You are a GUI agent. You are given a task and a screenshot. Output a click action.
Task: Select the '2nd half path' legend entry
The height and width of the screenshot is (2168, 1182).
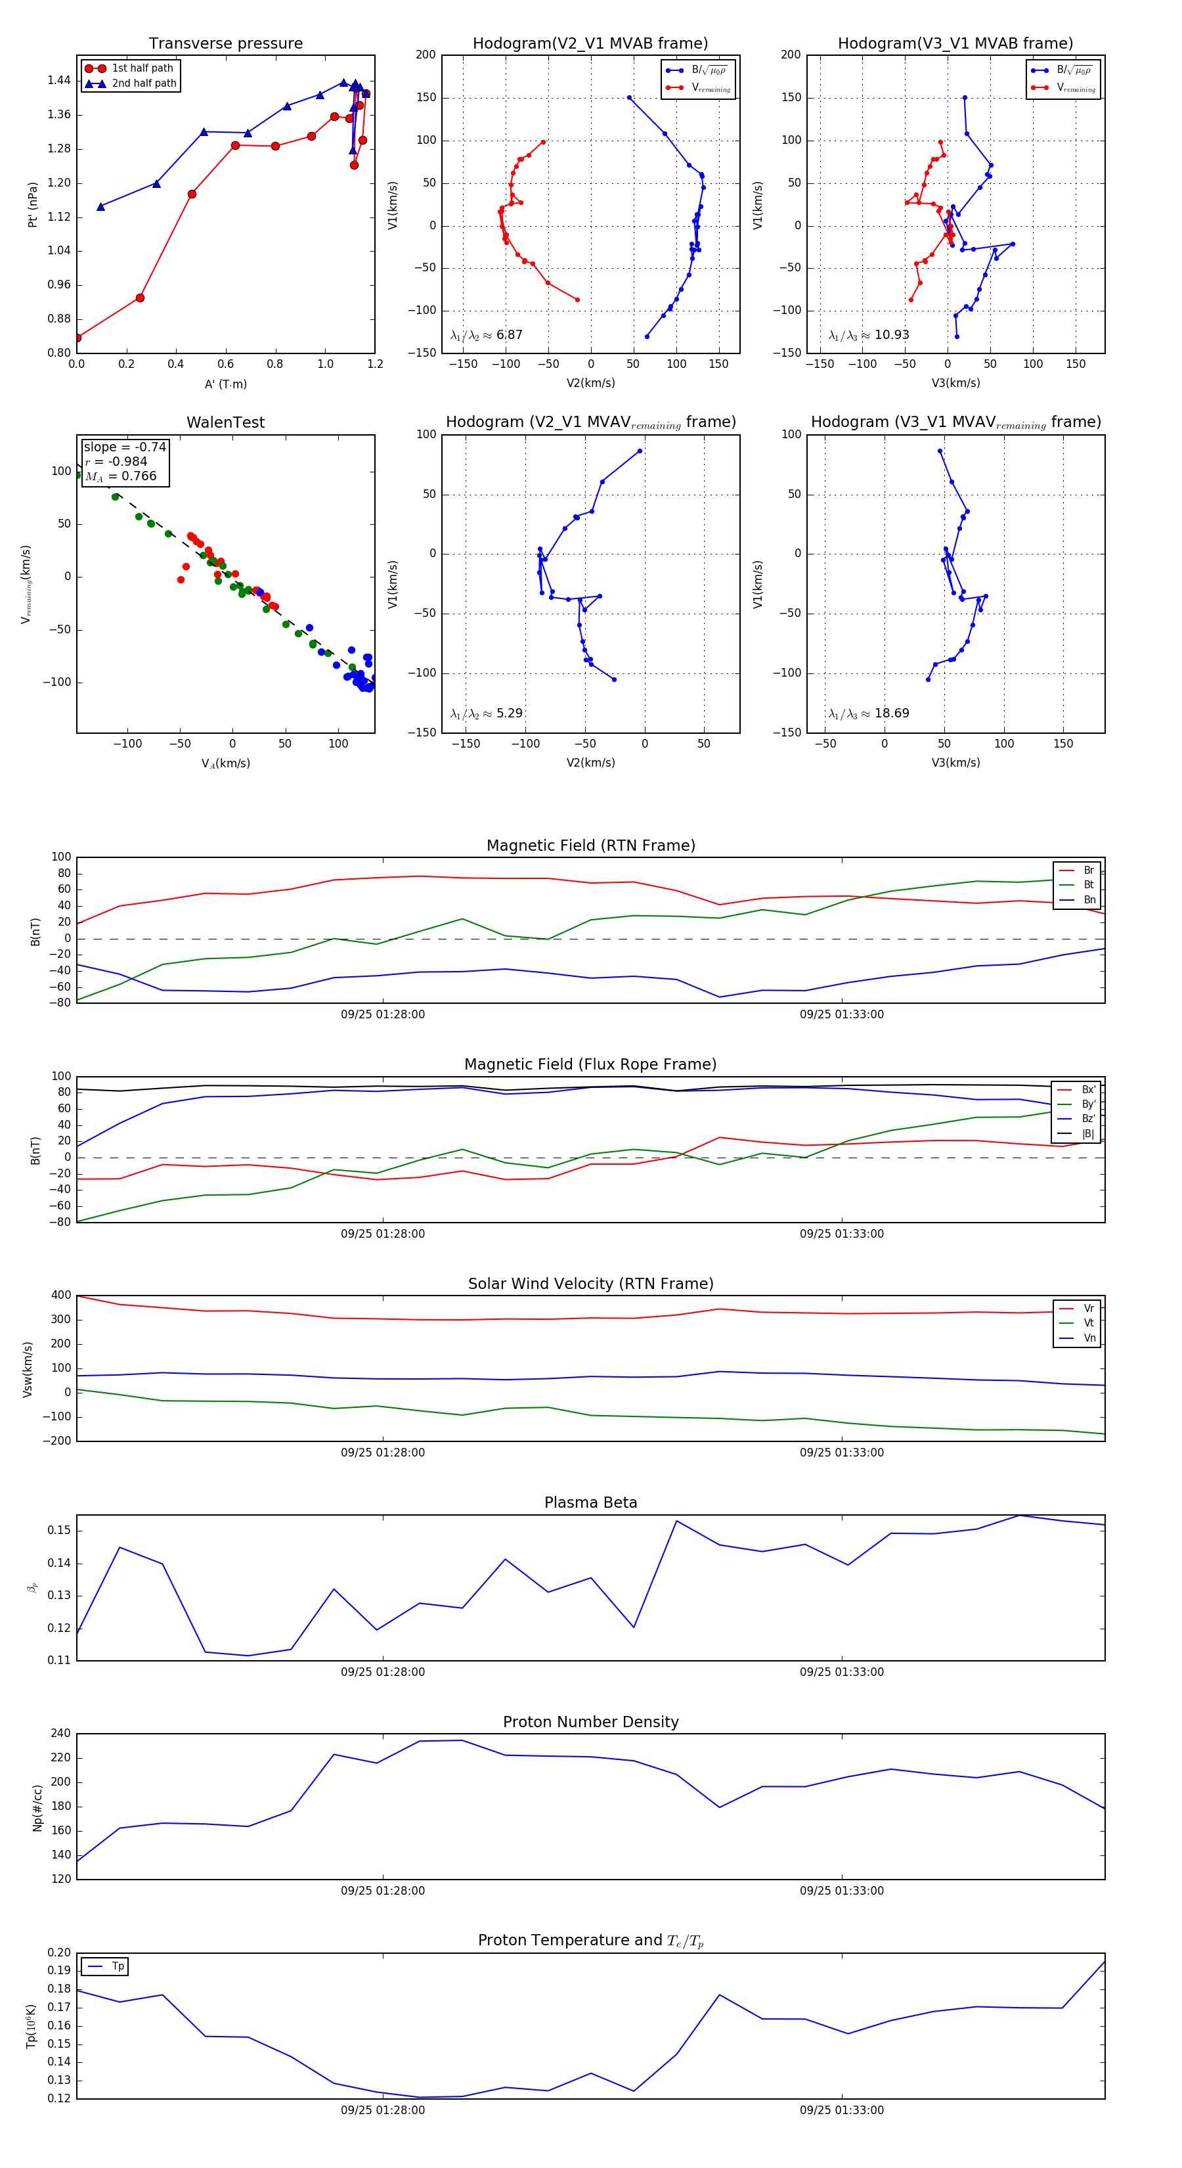pos(144,83)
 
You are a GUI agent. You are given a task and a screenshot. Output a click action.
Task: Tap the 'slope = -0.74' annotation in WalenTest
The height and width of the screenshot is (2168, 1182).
pos(125,447)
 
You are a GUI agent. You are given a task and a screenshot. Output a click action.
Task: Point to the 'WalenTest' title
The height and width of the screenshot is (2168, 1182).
pos(225,422)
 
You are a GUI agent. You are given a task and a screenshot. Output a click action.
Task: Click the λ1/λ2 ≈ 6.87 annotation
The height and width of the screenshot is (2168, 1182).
pos(486,335)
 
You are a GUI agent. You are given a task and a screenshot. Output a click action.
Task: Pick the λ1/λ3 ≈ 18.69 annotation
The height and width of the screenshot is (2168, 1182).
pos(868,713)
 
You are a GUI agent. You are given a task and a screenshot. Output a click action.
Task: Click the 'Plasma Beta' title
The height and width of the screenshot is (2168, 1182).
pos(590,1502)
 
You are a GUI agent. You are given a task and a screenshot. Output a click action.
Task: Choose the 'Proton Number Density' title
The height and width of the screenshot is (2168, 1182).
pos(590,1722)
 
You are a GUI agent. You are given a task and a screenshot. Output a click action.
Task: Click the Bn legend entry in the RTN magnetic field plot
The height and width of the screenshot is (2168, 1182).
pos(1089,899)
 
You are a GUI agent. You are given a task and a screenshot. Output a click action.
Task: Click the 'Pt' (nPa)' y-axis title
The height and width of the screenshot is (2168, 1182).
pos(33,204)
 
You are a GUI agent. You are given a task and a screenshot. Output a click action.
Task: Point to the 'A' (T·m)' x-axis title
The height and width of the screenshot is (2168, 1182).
pos(225,384)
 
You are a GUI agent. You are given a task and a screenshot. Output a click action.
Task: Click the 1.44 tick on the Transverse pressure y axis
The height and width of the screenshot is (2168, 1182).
pos(59,81)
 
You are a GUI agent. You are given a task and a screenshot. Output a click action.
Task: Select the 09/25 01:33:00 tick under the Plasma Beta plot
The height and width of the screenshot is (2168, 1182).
pos(841,1672)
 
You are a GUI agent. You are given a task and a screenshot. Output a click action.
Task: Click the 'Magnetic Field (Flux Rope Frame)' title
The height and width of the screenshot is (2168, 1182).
pos(590,1065)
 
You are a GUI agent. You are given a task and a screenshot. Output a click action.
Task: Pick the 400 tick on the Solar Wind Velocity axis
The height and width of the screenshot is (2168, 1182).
pos(60,1296)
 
